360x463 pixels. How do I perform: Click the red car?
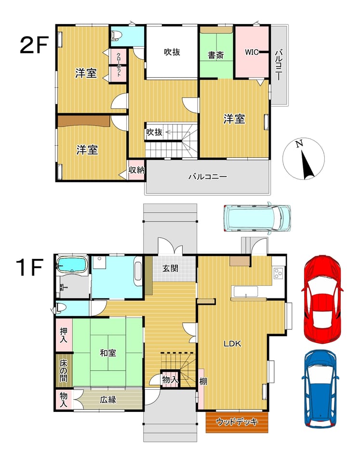[322, 299]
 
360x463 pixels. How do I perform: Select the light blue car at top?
[257, 218]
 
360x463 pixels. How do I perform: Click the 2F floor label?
[34, 45]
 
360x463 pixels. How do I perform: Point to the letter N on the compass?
[299, 144]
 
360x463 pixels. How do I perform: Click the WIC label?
[252, 53]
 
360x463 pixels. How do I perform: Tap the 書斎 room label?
[216, 55]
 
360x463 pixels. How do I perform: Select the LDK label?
[232, 343]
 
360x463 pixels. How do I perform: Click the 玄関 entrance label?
[171, 268]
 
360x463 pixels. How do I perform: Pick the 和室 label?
[108, 353]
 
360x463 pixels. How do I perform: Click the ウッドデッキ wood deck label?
[237, 422]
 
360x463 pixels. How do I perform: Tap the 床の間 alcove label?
[64, 370]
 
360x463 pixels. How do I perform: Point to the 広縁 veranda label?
[108, 399]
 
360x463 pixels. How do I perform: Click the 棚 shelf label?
[203, 381]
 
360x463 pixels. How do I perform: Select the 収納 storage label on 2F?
[136, 170]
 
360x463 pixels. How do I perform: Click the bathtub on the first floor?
[72, 264]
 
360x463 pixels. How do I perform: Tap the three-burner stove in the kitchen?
[278, 273]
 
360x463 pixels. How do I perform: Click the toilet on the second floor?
[116, 35]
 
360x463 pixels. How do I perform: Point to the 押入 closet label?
[64, 335]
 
